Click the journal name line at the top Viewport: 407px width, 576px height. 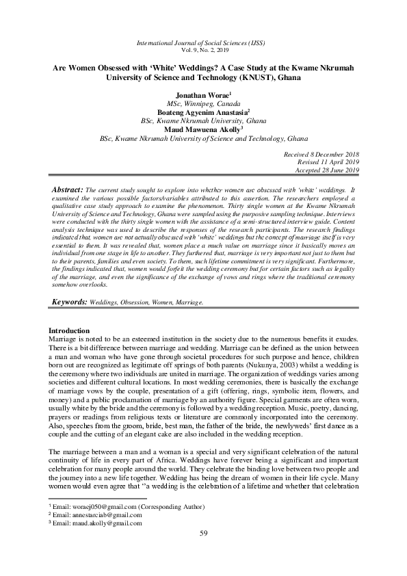coord(203,42)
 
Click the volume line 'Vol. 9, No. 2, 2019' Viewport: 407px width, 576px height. coord(203,51)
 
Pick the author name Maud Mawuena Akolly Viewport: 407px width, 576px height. coord(202,128)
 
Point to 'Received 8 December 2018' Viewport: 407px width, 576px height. coord(321,155)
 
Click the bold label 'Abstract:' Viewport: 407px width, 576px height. coord(68,188)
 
